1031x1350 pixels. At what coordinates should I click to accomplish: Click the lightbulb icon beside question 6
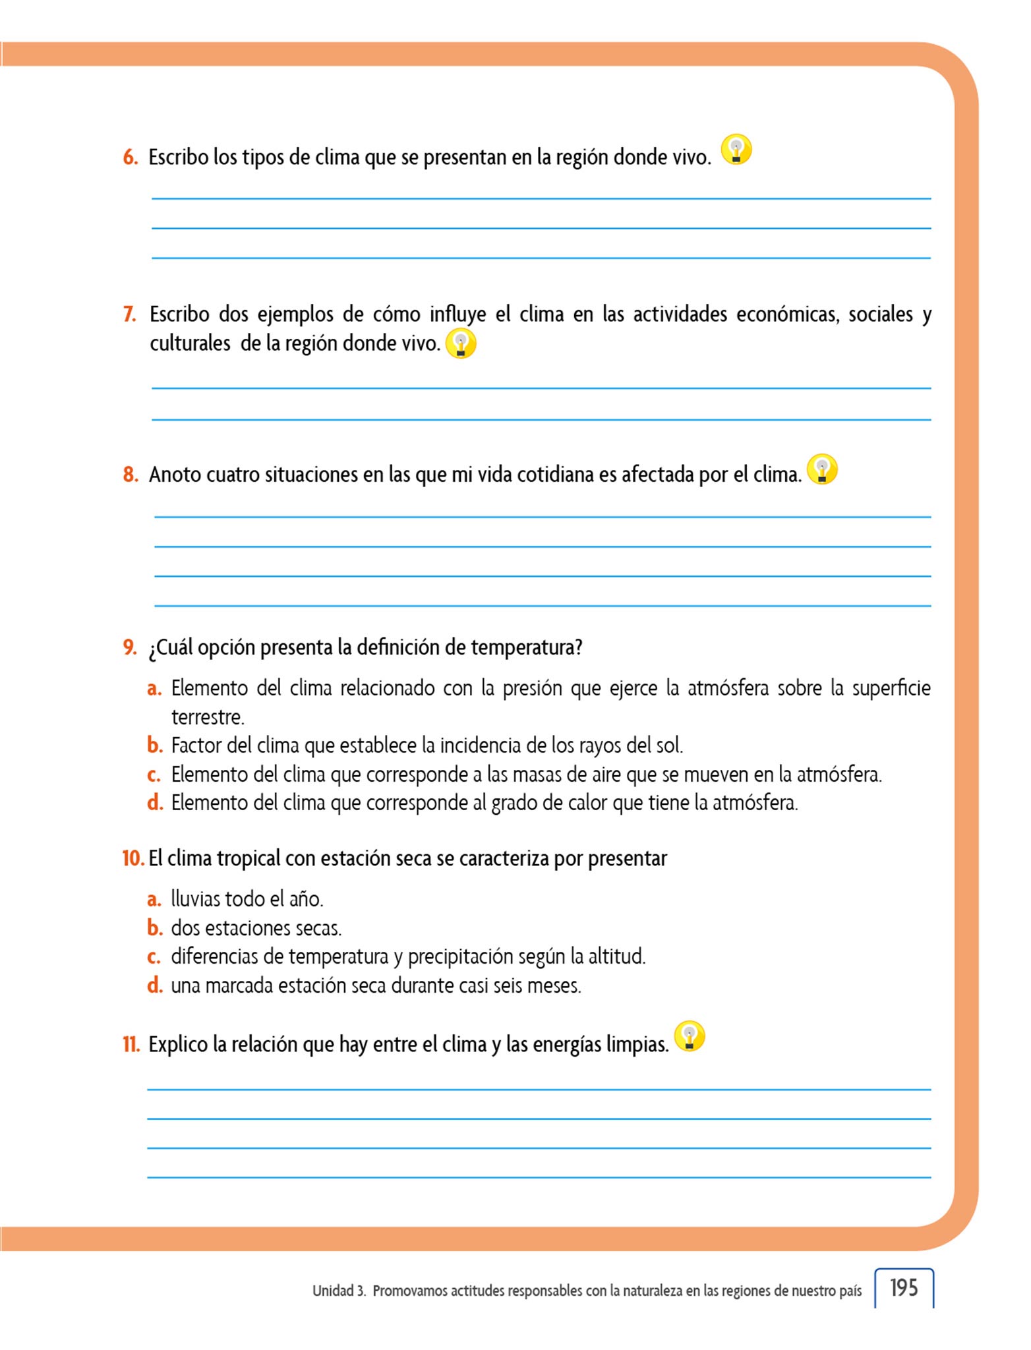(x=736, y=150)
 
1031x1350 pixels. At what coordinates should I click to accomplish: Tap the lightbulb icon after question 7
(x=461, y=343)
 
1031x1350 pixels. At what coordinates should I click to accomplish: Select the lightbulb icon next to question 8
(x=822, y=469)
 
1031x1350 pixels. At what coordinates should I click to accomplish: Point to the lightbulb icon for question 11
(x=690, y=1036)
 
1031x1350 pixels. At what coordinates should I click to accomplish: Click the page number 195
(x=904, y=1288)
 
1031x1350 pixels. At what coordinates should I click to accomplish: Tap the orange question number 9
(x=130, y=647)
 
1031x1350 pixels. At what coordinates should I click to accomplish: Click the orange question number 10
(x=133, y=858)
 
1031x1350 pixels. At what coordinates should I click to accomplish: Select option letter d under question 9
(x=155, y=803)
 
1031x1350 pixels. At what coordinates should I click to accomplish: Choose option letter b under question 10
(x=155, y=928)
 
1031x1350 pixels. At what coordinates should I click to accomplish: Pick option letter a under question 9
(x=154, y=689)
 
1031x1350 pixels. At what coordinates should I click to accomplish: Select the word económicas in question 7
(x=788, y=314)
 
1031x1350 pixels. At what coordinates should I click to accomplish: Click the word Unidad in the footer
(x=334, y=1291)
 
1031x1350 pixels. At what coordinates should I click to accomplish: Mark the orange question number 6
(x=131, y=158)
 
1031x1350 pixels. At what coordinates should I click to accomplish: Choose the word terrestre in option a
(x=207, y=717)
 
